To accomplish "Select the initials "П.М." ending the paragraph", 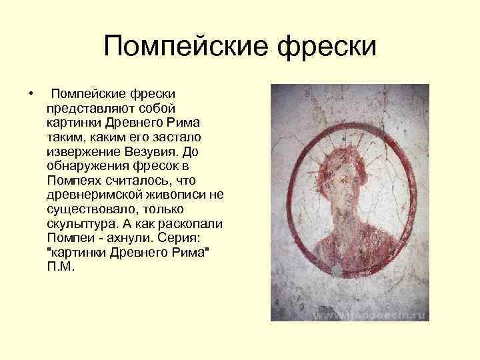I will point(61,267).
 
